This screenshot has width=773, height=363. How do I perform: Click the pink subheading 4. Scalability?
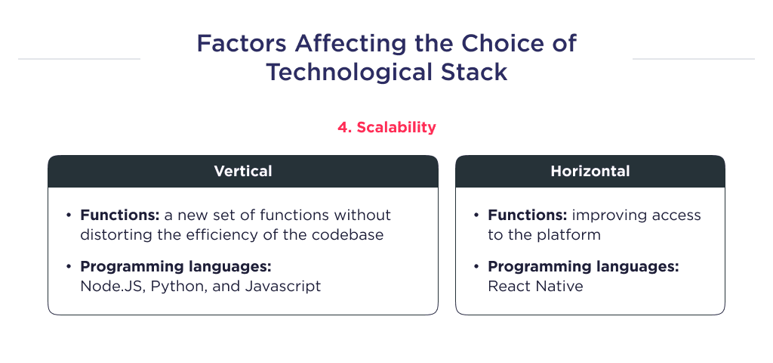(386, 127)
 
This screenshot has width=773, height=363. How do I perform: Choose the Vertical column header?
(243, 172)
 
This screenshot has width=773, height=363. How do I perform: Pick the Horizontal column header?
(590, 172)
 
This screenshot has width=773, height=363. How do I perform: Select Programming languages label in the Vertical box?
(175, 267)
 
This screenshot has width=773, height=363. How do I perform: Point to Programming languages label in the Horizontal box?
(583, 267)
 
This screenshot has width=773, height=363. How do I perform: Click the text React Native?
(535, 286)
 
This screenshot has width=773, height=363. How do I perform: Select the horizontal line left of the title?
(79, 58)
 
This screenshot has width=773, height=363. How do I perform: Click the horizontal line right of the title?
(693, 58)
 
